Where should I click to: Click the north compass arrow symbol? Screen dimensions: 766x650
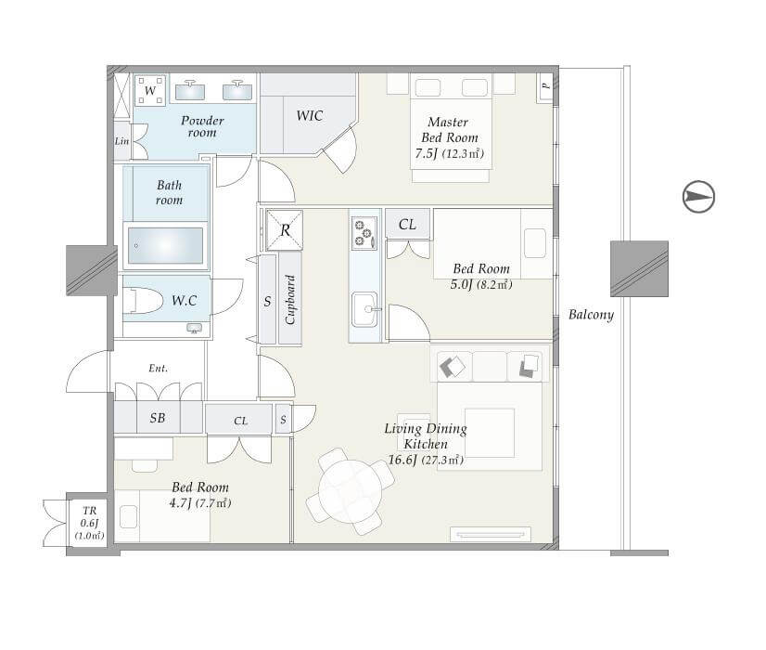(x=698, y=197)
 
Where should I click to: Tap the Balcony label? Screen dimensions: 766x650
(x=591, y=315)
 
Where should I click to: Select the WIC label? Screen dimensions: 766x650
(x=310, y=116)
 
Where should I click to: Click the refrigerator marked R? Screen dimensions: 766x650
(x=285, y=230)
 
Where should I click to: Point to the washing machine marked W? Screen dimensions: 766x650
(x=150, y=90)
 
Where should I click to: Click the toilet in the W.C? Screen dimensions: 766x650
(x=143, y=300)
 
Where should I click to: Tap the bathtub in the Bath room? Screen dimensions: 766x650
(x=166, y=245)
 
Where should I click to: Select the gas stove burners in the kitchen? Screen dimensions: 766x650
(x=364, y=233)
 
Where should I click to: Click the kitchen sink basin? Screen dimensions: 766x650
(x=364, y=309)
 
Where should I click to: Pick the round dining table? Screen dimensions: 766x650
(x=350, y=491)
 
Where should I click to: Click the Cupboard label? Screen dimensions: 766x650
(x=290, y=300)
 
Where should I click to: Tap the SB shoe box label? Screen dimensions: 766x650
(x=158, y=418)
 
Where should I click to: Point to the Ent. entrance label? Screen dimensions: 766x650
(x=159, y=369)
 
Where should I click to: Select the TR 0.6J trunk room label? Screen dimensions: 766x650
(x=89, y=523)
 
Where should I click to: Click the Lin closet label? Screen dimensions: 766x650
(x=122, y=141)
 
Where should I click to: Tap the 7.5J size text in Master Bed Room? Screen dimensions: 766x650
(x=426, y=153)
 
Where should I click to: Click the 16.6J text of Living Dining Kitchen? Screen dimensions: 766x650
(x=402, y=460)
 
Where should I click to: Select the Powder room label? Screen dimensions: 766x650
(x=202, y=126)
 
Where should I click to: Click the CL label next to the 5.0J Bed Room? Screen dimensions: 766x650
(x=407, y=225)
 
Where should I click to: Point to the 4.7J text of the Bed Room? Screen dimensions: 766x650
(x=180, y=502)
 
